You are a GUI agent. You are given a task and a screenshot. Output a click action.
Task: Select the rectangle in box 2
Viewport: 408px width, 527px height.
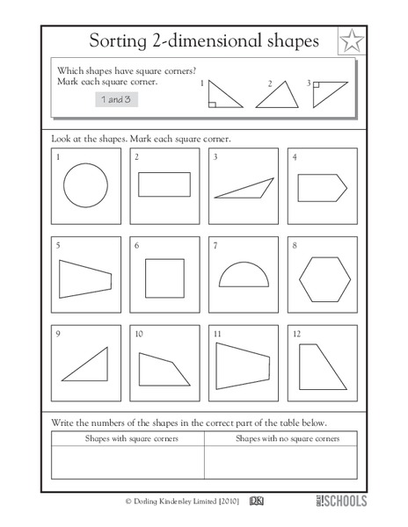(164, 185)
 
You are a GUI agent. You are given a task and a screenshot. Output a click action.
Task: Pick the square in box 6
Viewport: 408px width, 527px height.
(164, 278)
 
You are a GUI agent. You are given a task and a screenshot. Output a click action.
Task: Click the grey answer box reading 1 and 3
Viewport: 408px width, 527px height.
(118, 100)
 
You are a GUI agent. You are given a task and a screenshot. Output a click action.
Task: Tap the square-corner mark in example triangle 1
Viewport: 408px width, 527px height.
(213, 103)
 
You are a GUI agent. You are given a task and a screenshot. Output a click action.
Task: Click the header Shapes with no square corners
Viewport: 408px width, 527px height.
(283, 437)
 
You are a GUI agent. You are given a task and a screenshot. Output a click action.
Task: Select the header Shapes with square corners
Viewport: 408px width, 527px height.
(127, 437)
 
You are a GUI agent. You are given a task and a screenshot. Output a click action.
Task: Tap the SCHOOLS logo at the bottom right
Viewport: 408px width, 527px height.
(340, 500)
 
